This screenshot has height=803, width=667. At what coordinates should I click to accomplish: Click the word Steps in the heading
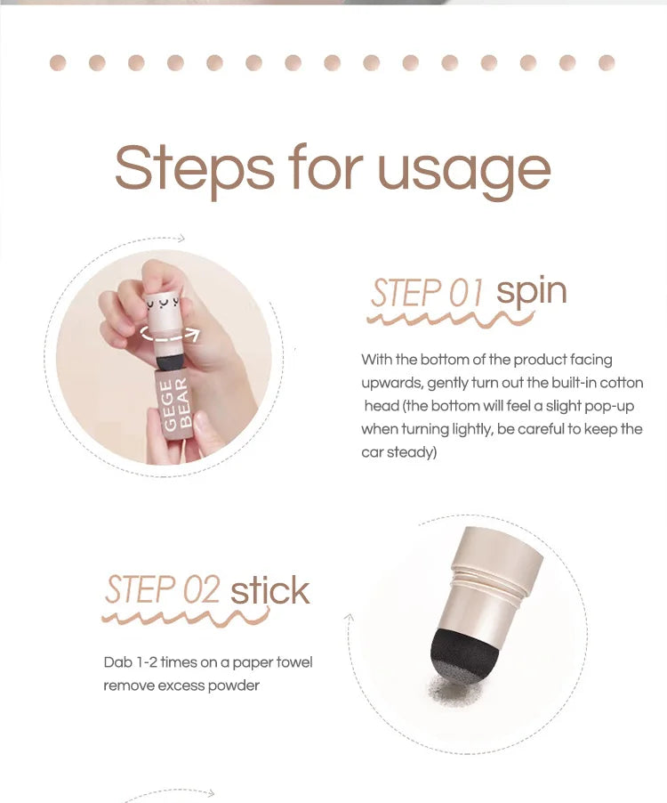point(193,167)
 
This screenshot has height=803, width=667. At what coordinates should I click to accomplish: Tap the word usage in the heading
point(463,169)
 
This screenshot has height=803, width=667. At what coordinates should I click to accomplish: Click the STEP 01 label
point(427,292)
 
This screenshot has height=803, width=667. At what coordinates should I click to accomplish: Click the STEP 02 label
point(163,589)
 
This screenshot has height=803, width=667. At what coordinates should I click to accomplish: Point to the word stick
point(270,591)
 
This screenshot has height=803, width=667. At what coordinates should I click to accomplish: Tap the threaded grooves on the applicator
point(488,587)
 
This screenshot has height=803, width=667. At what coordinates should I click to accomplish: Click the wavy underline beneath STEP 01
point(427,318)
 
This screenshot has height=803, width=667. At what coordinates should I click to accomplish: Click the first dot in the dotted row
point(59,62)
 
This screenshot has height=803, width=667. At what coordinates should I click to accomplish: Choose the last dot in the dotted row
point(607,62)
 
